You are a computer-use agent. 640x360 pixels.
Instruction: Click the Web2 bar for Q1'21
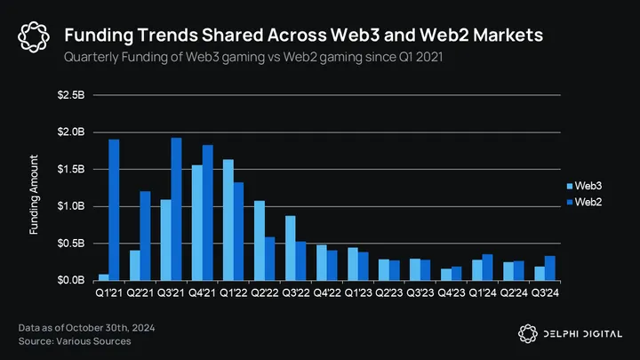click(x=114, y=210)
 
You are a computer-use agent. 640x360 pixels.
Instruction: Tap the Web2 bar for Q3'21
click(x=176, y=209)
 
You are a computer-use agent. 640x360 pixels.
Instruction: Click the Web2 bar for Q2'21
click(x=145, y=236)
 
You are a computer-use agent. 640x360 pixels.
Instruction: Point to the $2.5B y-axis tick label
click(x=72, y=95)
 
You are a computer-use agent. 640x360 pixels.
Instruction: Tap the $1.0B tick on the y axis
click(x=72, y=206)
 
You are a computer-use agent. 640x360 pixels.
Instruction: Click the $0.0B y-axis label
click(x=72, y=280)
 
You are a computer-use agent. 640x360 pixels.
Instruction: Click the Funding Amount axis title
click(x=34, y=195)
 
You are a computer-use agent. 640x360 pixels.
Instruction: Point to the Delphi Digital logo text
click(x=583, y=333)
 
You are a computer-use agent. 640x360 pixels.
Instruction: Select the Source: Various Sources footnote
click(x=75, y=341)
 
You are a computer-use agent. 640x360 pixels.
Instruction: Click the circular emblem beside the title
click(x=33, y=36)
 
